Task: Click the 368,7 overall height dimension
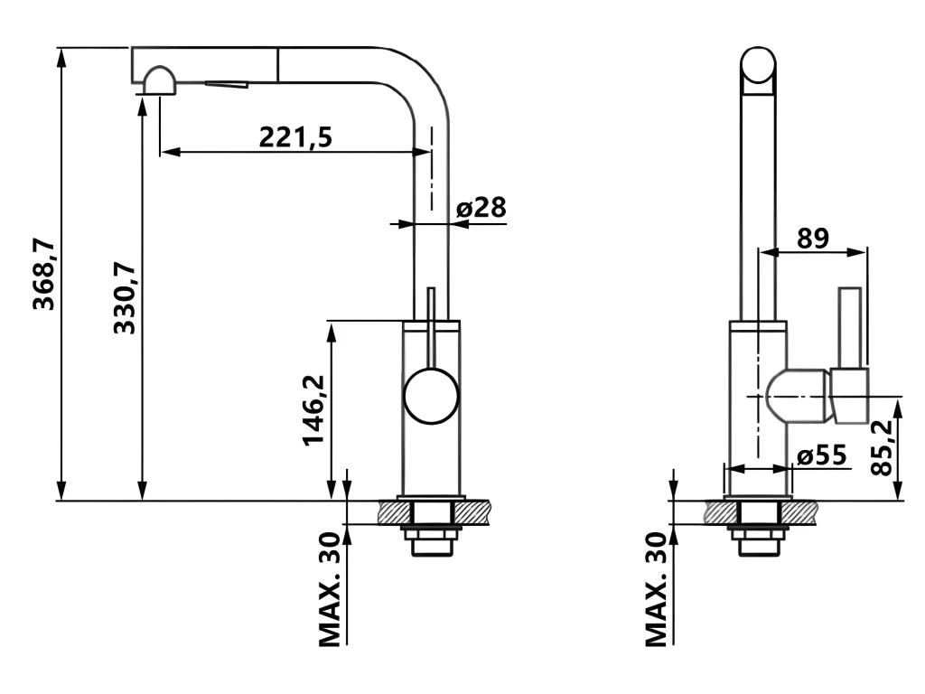(x=44, y=275)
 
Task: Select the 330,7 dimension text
(x=125, y=298)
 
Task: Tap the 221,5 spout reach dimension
(x=295, y=137)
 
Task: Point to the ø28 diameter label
(x=481, y=208)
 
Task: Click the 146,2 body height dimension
(x=313, y=410)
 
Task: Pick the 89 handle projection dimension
(x=813, y=239)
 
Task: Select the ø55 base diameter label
(x=822, y=455)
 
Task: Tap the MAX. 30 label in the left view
(x=331, y=589)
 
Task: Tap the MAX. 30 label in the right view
(x=657, y=589)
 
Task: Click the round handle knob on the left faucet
(x=431, y=396)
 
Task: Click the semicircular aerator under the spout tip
(x=159, y=80)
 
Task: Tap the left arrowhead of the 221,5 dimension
(x=170, y=152)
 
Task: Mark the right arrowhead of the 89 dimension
(x=857, y=252)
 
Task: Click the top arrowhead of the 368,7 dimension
(x=61, y=57)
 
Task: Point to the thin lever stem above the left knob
(x=431, y=328)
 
